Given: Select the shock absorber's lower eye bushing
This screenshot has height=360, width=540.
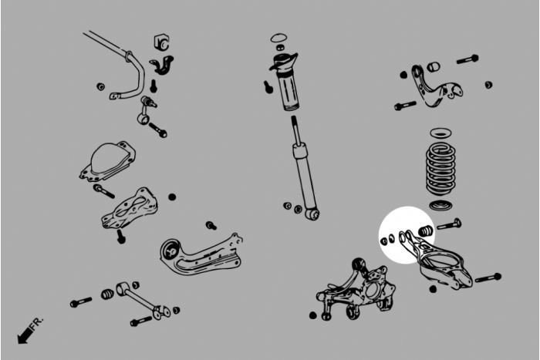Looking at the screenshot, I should tap(312, 213).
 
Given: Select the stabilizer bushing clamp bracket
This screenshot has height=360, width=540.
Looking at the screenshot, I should tap(162, 65).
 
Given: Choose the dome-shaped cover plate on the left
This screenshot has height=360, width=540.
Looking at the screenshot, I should tap(107, 161).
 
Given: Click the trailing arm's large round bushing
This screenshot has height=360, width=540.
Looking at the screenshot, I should tap(171, 251).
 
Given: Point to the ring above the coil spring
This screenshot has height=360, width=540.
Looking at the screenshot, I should tap(441, 133).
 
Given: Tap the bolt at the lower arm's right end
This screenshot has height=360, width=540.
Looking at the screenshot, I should tap(488, 278).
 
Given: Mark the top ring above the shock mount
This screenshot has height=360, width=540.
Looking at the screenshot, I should tap(279, 37).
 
